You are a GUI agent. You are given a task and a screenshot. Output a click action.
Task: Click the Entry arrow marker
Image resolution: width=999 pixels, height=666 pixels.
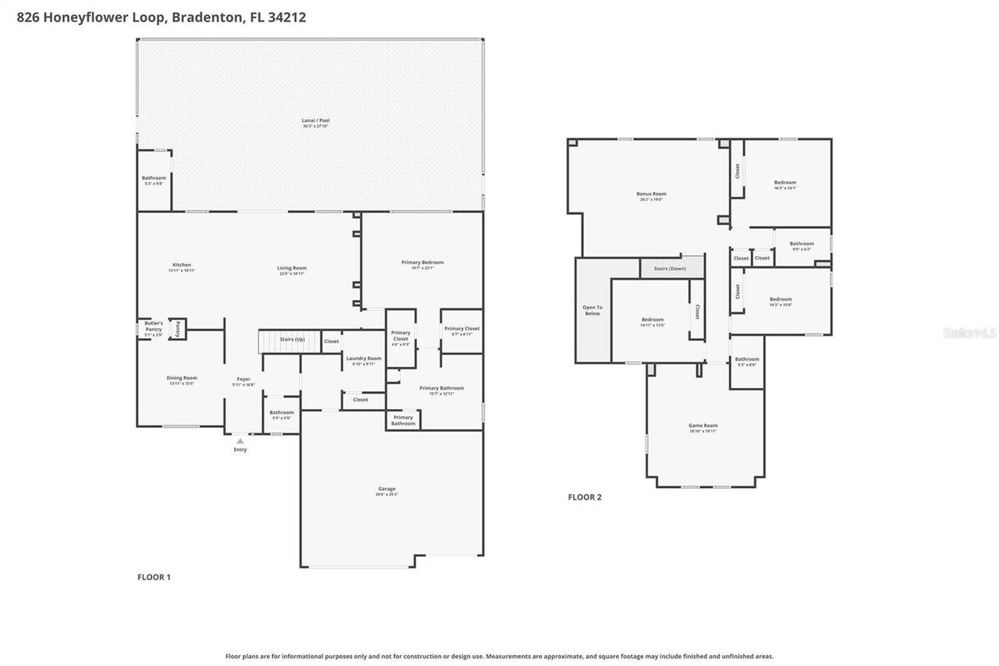pyautogui.click(x=240, y=441)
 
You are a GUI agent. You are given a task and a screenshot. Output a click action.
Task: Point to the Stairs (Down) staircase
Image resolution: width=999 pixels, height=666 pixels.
pyautogui.click(x=671, y=269)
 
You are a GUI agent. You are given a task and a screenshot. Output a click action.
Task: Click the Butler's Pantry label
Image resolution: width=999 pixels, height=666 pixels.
pyautogui.click(x=153, y=326)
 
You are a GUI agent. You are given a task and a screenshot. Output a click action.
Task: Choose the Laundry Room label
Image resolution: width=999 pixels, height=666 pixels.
pyautogui.click(x=364, y=360)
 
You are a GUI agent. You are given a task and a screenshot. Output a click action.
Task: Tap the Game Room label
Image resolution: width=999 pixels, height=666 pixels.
pyautogui.click(x=702, y=428)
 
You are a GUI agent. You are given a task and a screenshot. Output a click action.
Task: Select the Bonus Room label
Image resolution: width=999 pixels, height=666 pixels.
pyautogui.click(x=651, y=196)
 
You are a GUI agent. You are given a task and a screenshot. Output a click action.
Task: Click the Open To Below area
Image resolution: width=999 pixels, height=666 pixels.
pyautogui.click(x=592, y=310)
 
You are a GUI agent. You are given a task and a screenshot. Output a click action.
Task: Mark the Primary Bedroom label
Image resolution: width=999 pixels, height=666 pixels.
pyautogui.click(x=422, y=264)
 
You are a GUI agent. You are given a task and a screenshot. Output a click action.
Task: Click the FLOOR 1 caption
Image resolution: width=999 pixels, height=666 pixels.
pyautogui.click(x=154, y=577)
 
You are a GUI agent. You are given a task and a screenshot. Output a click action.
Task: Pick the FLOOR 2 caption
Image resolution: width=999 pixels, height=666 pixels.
pyautogui.click(x=585, y=497)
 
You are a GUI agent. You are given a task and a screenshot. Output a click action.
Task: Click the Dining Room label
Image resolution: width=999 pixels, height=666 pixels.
pyautogui.click(x=181, y=379)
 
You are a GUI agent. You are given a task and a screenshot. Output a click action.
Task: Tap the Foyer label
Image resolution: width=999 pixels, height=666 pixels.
pyautogui.click(x=244, y=381)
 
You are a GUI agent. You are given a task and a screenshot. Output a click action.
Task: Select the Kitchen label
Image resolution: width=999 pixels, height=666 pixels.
pyautogui.click(x=181, y=267)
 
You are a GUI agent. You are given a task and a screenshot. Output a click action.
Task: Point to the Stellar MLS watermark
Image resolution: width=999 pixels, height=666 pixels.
pyautogui.click(x=969, y=333)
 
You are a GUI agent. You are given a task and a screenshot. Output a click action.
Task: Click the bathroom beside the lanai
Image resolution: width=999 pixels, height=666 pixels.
pyautogui.click(x=154, y=180)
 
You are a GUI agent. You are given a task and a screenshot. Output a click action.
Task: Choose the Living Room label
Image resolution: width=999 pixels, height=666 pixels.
pyautogui.click(x=292, y=270)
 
